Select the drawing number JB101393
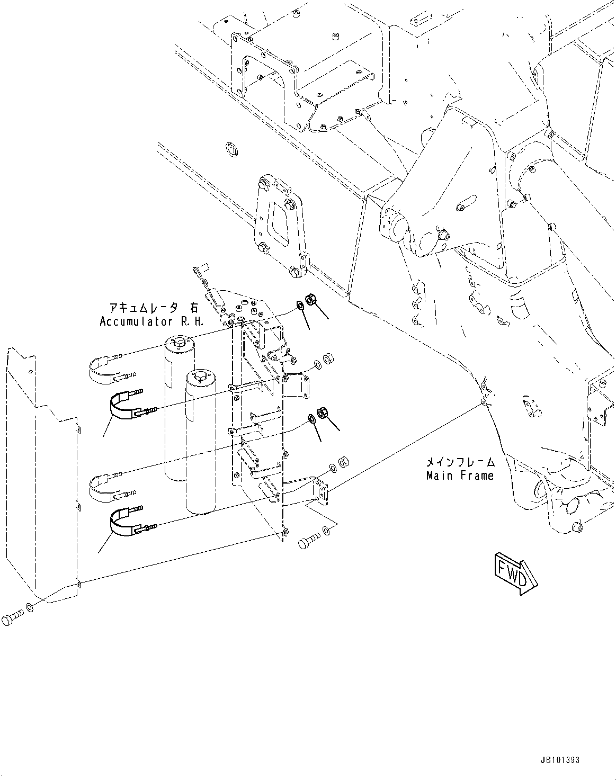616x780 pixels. pyautogui.click(x=561, y=760)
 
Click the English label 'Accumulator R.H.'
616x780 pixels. pyautogui.click(x=151, y=321)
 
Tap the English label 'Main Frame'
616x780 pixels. pyautogui.click(x=460, y=476)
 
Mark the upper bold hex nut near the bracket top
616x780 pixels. pyautogui.click(x=312, y=300)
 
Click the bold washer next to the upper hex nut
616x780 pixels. pyautogui.click(x=300, y=304)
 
